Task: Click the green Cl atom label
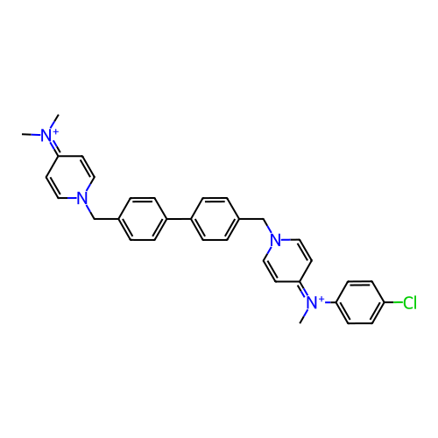pyautogui.click(x=410, y=303)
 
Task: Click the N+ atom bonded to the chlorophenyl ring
pyautogui.click(x=312, y=303)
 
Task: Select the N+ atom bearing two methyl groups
pyautogui.click(x=46, y=136)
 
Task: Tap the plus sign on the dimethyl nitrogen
pyautogui.click(x=55, y=132)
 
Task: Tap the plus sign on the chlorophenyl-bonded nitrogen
pyautogui.click(x=321, y=300)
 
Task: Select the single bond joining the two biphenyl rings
pyautogui.click(x=179, y=219)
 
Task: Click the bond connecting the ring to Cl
pyautogui.click(x=393, y=302)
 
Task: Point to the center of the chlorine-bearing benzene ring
pyautogui.click(x=360, y=302)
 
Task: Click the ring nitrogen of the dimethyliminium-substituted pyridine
pyautogui.click(x=82, y=199)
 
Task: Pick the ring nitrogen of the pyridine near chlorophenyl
pyautogui.click(x=276, y=240)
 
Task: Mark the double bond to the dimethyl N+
pyautogui.click(x=54, y=149)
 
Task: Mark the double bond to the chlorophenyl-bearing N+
pyautogui.click(x=304, y=289)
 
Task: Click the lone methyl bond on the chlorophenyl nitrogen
pyautogui.click(x=304, y=316)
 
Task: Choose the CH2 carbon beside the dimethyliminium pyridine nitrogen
pyautogui.click(x=94, y=219)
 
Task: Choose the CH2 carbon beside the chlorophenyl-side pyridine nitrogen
pyautogui.click(x=264, y=219)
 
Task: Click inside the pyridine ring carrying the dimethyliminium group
pyautogui.click(x=70, y=177)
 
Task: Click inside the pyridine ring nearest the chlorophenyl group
pyautogui.click(x=287, y=261)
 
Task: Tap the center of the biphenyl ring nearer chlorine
pyautogui.click(x=215, y=219)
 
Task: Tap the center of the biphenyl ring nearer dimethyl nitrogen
pyautogui.click(x=143, y=219)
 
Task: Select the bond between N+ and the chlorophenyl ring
pyautogui.click(x=330, y=302)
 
